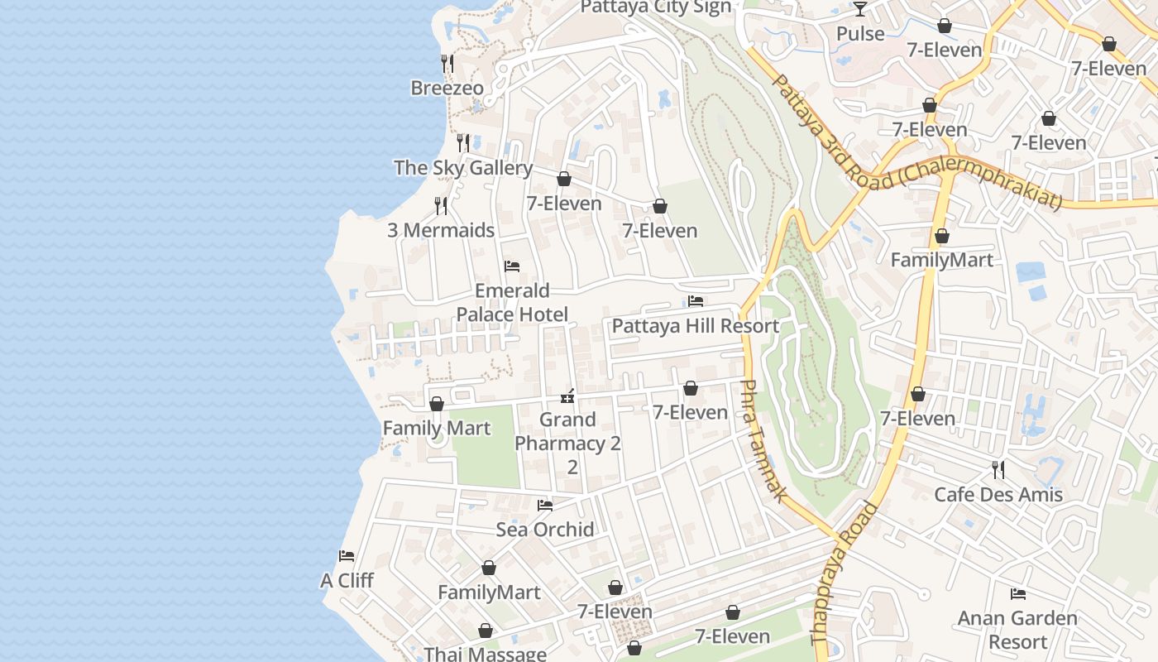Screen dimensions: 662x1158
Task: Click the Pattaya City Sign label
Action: (655, 7)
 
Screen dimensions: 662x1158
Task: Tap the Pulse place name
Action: (860, 34)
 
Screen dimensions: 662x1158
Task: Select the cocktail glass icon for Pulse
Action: (860, 9)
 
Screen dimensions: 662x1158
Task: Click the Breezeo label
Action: (447, 88)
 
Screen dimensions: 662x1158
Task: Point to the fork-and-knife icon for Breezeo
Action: (447, 63)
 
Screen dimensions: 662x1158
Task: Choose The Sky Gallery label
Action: (463, 168)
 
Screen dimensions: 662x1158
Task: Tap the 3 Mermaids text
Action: (441, 230)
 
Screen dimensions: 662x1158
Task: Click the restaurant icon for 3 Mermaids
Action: (441, 205)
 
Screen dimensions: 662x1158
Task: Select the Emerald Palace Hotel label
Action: (513, 302)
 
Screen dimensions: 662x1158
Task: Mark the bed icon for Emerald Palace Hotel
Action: (512, 266)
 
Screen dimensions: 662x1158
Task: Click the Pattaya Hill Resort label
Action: (695, 326)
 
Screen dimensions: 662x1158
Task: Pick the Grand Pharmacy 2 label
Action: (567, 432)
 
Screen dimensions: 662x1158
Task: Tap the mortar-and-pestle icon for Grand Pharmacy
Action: (567, 396)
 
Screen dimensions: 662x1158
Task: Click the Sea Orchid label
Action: (545, 530)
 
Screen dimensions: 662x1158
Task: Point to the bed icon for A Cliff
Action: (347, 556)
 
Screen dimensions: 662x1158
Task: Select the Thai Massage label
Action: (485, 654)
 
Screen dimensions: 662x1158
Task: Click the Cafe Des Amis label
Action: (998, 495)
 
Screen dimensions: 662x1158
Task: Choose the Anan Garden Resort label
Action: (1017, 630)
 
